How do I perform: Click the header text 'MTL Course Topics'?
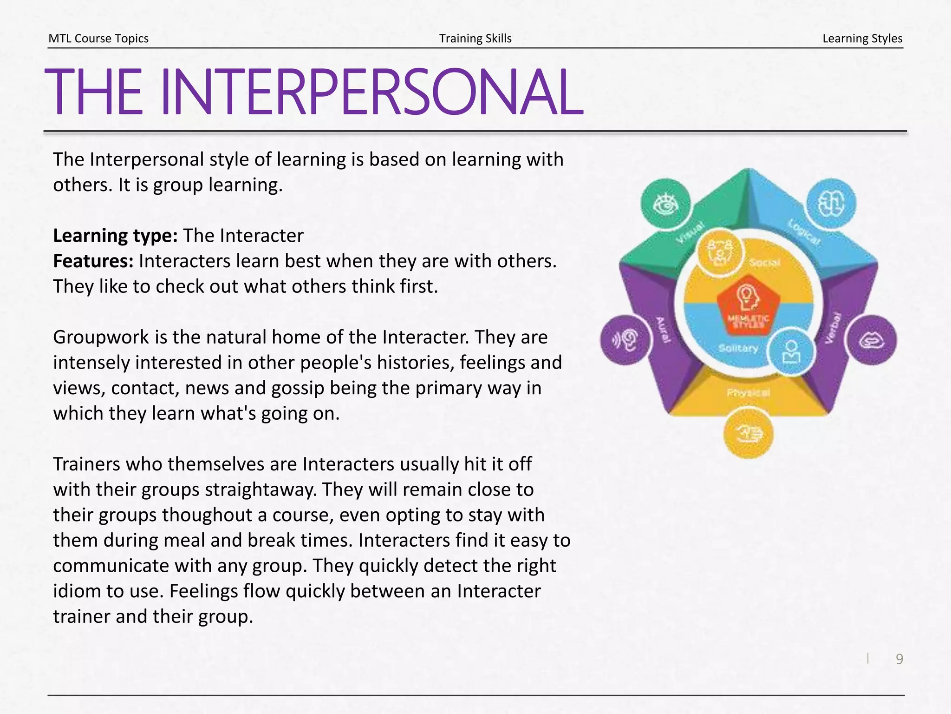point(98,39)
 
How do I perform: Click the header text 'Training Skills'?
point(475,39)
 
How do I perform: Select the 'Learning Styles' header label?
point(862,39)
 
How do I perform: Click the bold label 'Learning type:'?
point(115,236)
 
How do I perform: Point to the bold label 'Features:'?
point(93,261)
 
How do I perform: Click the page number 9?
point(899,659)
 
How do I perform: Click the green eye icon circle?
point(665,204)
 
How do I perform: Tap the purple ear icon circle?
point(625,340)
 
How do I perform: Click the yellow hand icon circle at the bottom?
point(748,433)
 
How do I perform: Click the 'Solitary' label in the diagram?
point(738,348)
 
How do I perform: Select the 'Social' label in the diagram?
point(765,263)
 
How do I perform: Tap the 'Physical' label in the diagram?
point(748,393)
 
